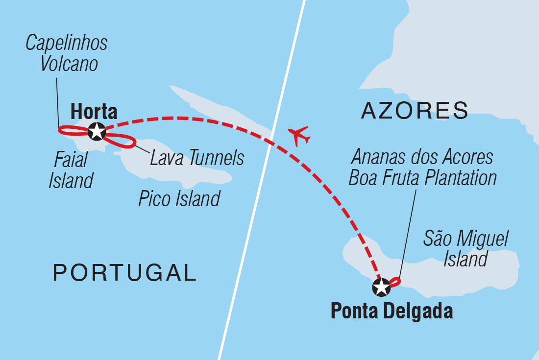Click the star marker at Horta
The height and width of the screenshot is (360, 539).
click(x=97, y=131)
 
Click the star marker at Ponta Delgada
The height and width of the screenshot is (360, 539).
click(x=381, y=288)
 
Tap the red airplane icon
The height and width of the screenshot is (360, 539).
click(x=299, y=135)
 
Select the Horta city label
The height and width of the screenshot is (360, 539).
click(x=94, y=112)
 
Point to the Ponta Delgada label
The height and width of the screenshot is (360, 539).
click(x=392, y=312)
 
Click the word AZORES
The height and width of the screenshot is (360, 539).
click(x=415, y=111)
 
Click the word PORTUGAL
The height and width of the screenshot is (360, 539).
click(x=124, y=273)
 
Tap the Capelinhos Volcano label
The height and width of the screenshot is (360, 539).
click(x=66, y=53)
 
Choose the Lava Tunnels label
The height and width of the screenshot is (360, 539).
click(x=197, y=158)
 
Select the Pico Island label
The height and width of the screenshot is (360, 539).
click(x=179, y=199)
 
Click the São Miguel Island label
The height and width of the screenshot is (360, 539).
click(x=466, y=248)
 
